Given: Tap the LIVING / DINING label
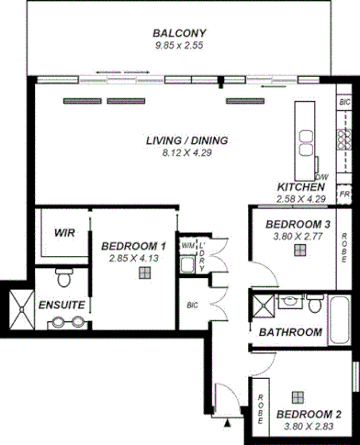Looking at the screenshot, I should click(186, 140).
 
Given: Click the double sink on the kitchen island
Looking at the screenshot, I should click(304, 138).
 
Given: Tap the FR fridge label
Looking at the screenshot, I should click(344, 195).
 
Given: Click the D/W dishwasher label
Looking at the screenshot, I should click(321, 177).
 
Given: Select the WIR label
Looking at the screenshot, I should click(63, 233).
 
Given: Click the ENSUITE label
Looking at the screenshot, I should click(62, 304).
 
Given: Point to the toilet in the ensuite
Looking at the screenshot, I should click(62, 275).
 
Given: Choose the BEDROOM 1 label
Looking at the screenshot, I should click(133, 247).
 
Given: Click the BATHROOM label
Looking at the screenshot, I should click(290, 331).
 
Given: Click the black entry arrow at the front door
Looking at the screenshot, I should click(227, 423).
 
